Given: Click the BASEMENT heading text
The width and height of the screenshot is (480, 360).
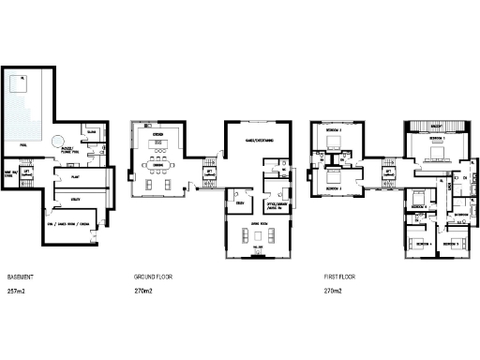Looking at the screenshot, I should coord(21,278).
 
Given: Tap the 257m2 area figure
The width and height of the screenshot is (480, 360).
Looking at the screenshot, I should coord(16,292).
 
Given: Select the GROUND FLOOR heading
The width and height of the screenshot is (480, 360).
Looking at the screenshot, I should coord(153,278).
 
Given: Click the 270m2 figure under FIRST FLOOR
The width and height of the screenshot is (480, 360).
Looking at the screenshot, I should coord(332,292).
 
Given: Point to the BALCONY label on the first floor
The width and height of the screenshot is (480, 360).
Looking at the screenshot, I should coord(436,125).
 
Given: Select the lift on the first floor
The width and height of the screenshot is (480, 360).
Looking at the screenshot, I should coord(389,172).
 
